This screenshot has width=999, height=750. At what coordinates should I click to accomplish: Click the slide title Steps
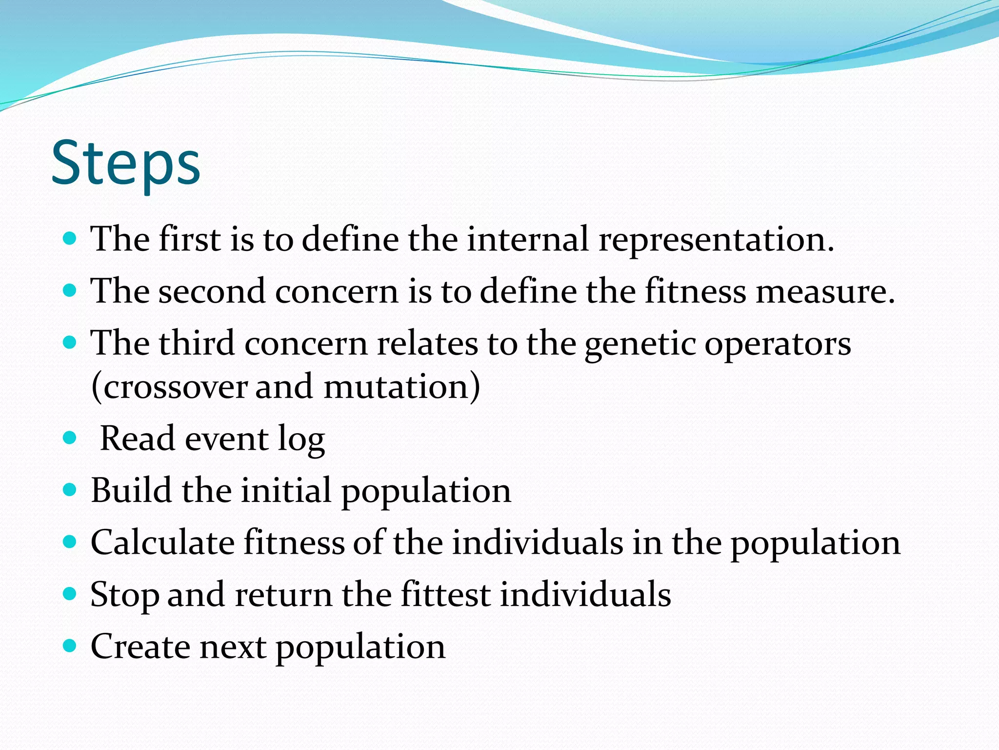(125, 164)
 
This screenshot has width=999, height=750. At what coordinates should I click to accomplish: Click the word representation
(716, 240)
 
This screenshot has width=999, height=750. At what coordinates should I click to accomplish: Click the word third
(197, 343)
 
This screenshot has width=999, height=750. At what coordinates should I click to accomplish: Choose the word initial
(286, 490)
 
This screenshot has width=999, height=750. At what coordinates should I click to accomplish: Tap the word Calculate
(162, 542)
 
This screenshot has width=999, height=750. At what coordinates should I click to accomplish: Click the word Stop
(124, 595)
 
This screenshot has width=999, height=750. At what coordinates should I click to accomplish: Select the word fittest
(445, 595)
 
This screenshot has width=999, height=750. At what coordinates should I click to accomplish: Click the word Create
(140, 646)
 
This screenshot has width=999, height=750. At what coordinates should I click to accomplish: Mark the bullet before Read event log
(70, 437)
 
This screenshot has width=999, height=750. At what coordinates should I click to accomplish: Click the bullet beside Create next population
(70, 646)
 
